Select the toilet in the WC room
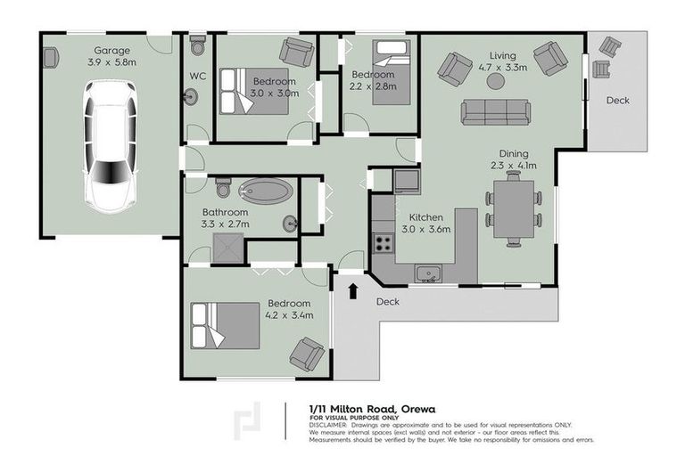tap(198, 44)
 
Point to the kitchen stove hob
tap(384, 241)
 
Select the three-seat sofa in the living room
tap(495, 111)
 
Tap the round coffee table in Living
tap(495, 81)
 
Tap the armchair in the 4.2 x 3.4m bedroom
tap(308, 354)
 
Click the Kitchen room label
tap(427, 217)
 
